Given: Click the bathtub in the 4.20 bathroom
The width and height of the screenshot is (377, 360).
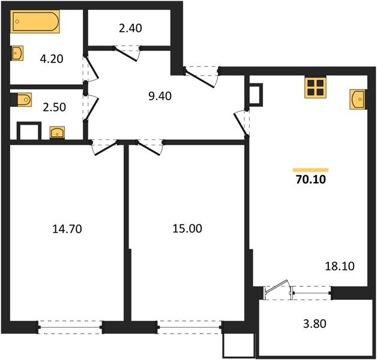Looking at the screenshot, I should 34,23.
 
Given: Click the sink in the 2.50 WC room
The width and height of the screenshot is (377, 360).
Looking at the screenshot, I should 57,131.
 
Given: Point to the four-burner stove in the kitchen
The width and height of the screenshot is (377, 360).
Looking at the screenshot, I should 315,88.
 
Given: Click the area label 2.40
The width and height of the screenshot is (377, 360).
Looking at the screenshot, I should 131,28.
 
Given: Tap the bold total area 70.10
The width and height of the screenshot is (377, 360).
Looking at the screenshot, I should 310,178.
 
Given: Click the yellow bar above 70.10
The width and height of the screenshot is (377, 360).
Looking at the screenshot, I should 310,169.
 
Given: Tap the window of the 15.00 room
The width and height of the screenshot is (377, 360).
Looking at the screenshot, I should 188,328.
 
